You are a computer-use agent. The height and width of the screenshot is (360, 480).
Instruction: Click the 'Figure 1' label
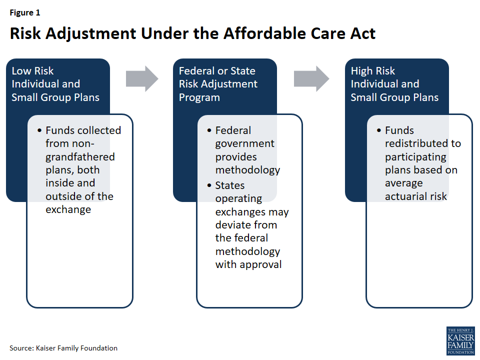click(x=25, y=13)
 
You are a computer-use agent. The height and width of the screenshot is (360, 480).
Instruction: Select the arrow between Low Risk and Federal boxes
click(x=141, y=78)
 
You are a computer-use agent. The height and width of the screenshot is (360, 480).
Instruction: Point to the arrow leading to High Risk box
click(x=311, y=78)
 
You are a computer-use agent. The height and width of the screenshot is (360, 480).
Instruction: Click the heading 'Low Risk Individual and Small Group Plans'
click(x=55, y=84)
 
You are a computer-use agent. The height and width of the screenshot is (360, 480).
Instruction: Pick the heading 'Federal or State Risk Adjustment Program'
click(x=218, y=84)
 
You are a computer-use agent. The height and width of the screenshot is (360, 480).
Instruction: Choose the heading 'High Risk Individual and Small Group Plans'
click(x=394, y=84)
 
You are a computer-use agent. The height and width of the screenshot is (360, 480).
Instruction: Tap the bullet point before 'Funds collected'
click(x=39, y=130)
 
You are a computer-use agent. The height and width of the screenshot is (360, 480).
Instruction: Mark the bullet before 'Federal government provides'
click(x=209, y=130)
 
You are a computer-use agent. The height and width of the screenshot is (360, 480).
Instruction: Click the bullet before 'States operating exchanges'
click(x=209, y=185)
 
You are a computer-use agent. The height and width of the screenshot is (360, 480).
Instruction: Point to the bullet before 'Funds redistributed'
click(x=378, y=130)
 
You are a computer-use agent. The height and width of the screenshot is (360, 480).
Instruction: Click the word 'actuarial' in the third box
click(x=406, y=196)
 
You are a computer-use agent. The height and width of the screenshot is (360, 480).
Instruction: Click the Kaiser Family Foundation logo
click(x=460, y=341)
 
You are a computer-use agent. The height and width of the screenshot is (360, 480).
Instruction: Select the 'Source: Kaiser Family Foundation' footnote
click(x=63, y=348)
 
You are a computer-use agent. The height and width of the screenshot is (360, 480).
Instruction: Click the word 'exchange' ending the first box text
click(x=68, y=209)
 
